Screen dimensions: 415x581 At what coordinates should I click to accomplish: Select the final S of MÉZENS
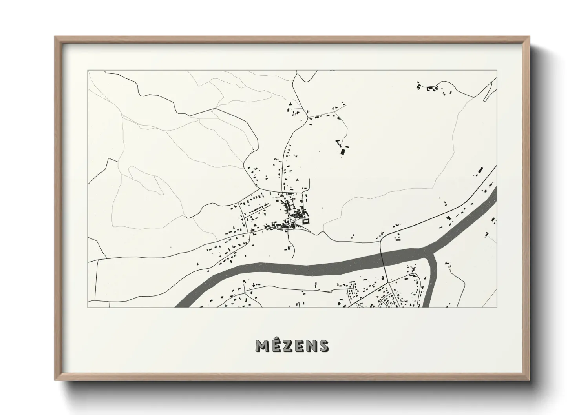click(324, 346)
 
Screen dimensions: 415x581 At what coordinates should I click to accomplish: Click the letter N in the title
click(312, 346)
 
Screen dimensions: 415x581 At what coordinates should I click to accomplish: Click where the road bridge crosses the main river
click(383, 257)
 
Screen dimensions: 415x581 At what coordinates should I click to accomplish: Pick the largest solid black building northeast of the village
click(343, 151)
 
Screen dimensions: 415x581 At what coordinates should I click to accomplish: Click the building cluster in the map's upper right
click(434, 89)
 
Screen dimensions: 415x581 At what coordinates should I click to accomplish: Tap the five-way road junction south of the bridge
click(389, 282)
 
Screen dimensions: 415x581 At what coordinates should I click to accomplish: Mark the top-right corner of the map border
click(497, 71)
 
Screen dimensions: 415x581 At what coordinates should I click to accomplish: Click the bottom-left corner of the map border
click(88, 307)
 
